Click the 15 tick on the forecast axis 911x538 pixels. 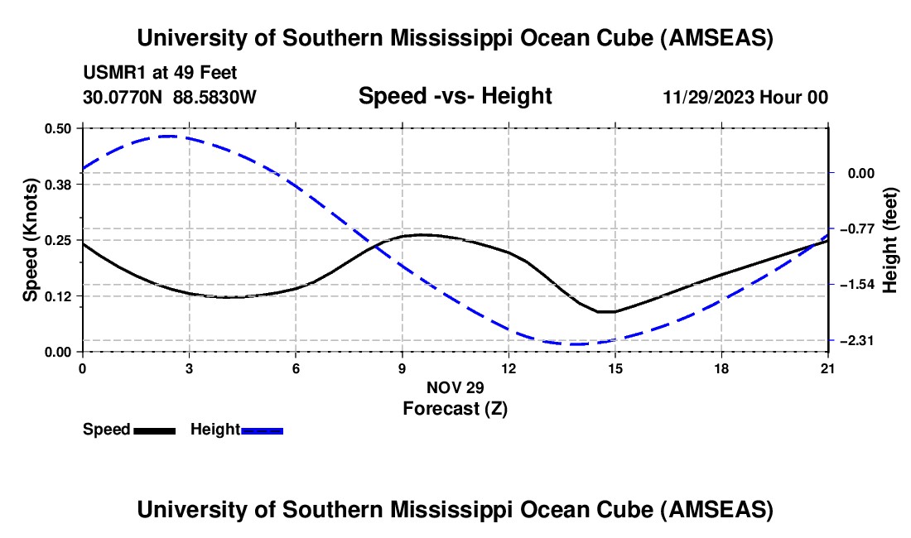(x=615, y=367)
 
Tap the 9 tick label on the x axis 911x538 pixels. (x=402, y=367)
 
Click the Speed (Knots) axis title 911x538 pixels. (x=31, y=240)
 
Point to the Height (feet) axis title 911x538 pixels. (x=891, y=240)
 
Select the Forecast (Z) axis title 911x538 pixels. (x=455, y=408)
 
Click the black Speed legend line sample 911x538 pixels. (x=154, y=430)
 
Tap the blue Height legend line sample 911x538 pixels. (x=263, y=430)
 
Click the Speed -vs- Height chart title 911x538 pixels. (x=455, y=96)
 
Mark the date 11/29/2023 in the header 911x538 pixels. (x=707, y=97)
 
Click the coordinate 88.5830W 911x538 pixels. (x=214, y=97)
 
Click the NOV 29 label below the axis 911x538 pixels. (x=455, y=387)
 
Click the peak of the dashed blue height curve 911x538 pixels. (x=170, y=136)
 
